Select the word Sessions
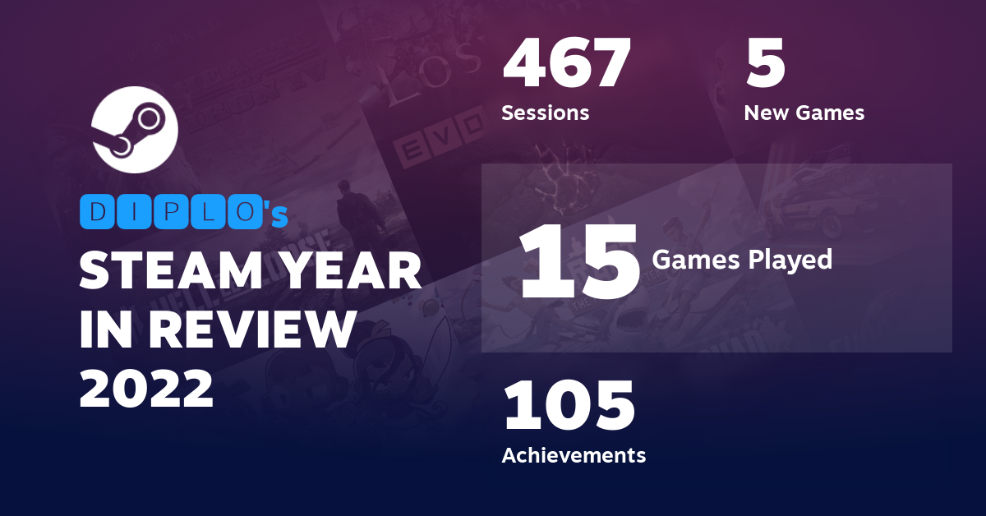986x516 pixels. pos(545,113)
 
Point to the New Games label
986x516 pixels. pos(804,113)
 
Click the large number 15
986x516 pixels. pos(579,261)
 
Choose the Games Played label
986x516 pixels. pos(741,260)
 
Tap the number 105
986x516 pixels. pos(569,405)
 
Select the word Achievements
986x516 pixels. pos(574,454)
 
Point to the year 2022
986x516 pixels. pos(146,388)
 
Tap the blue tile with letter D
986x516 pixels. pos(99,214)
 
